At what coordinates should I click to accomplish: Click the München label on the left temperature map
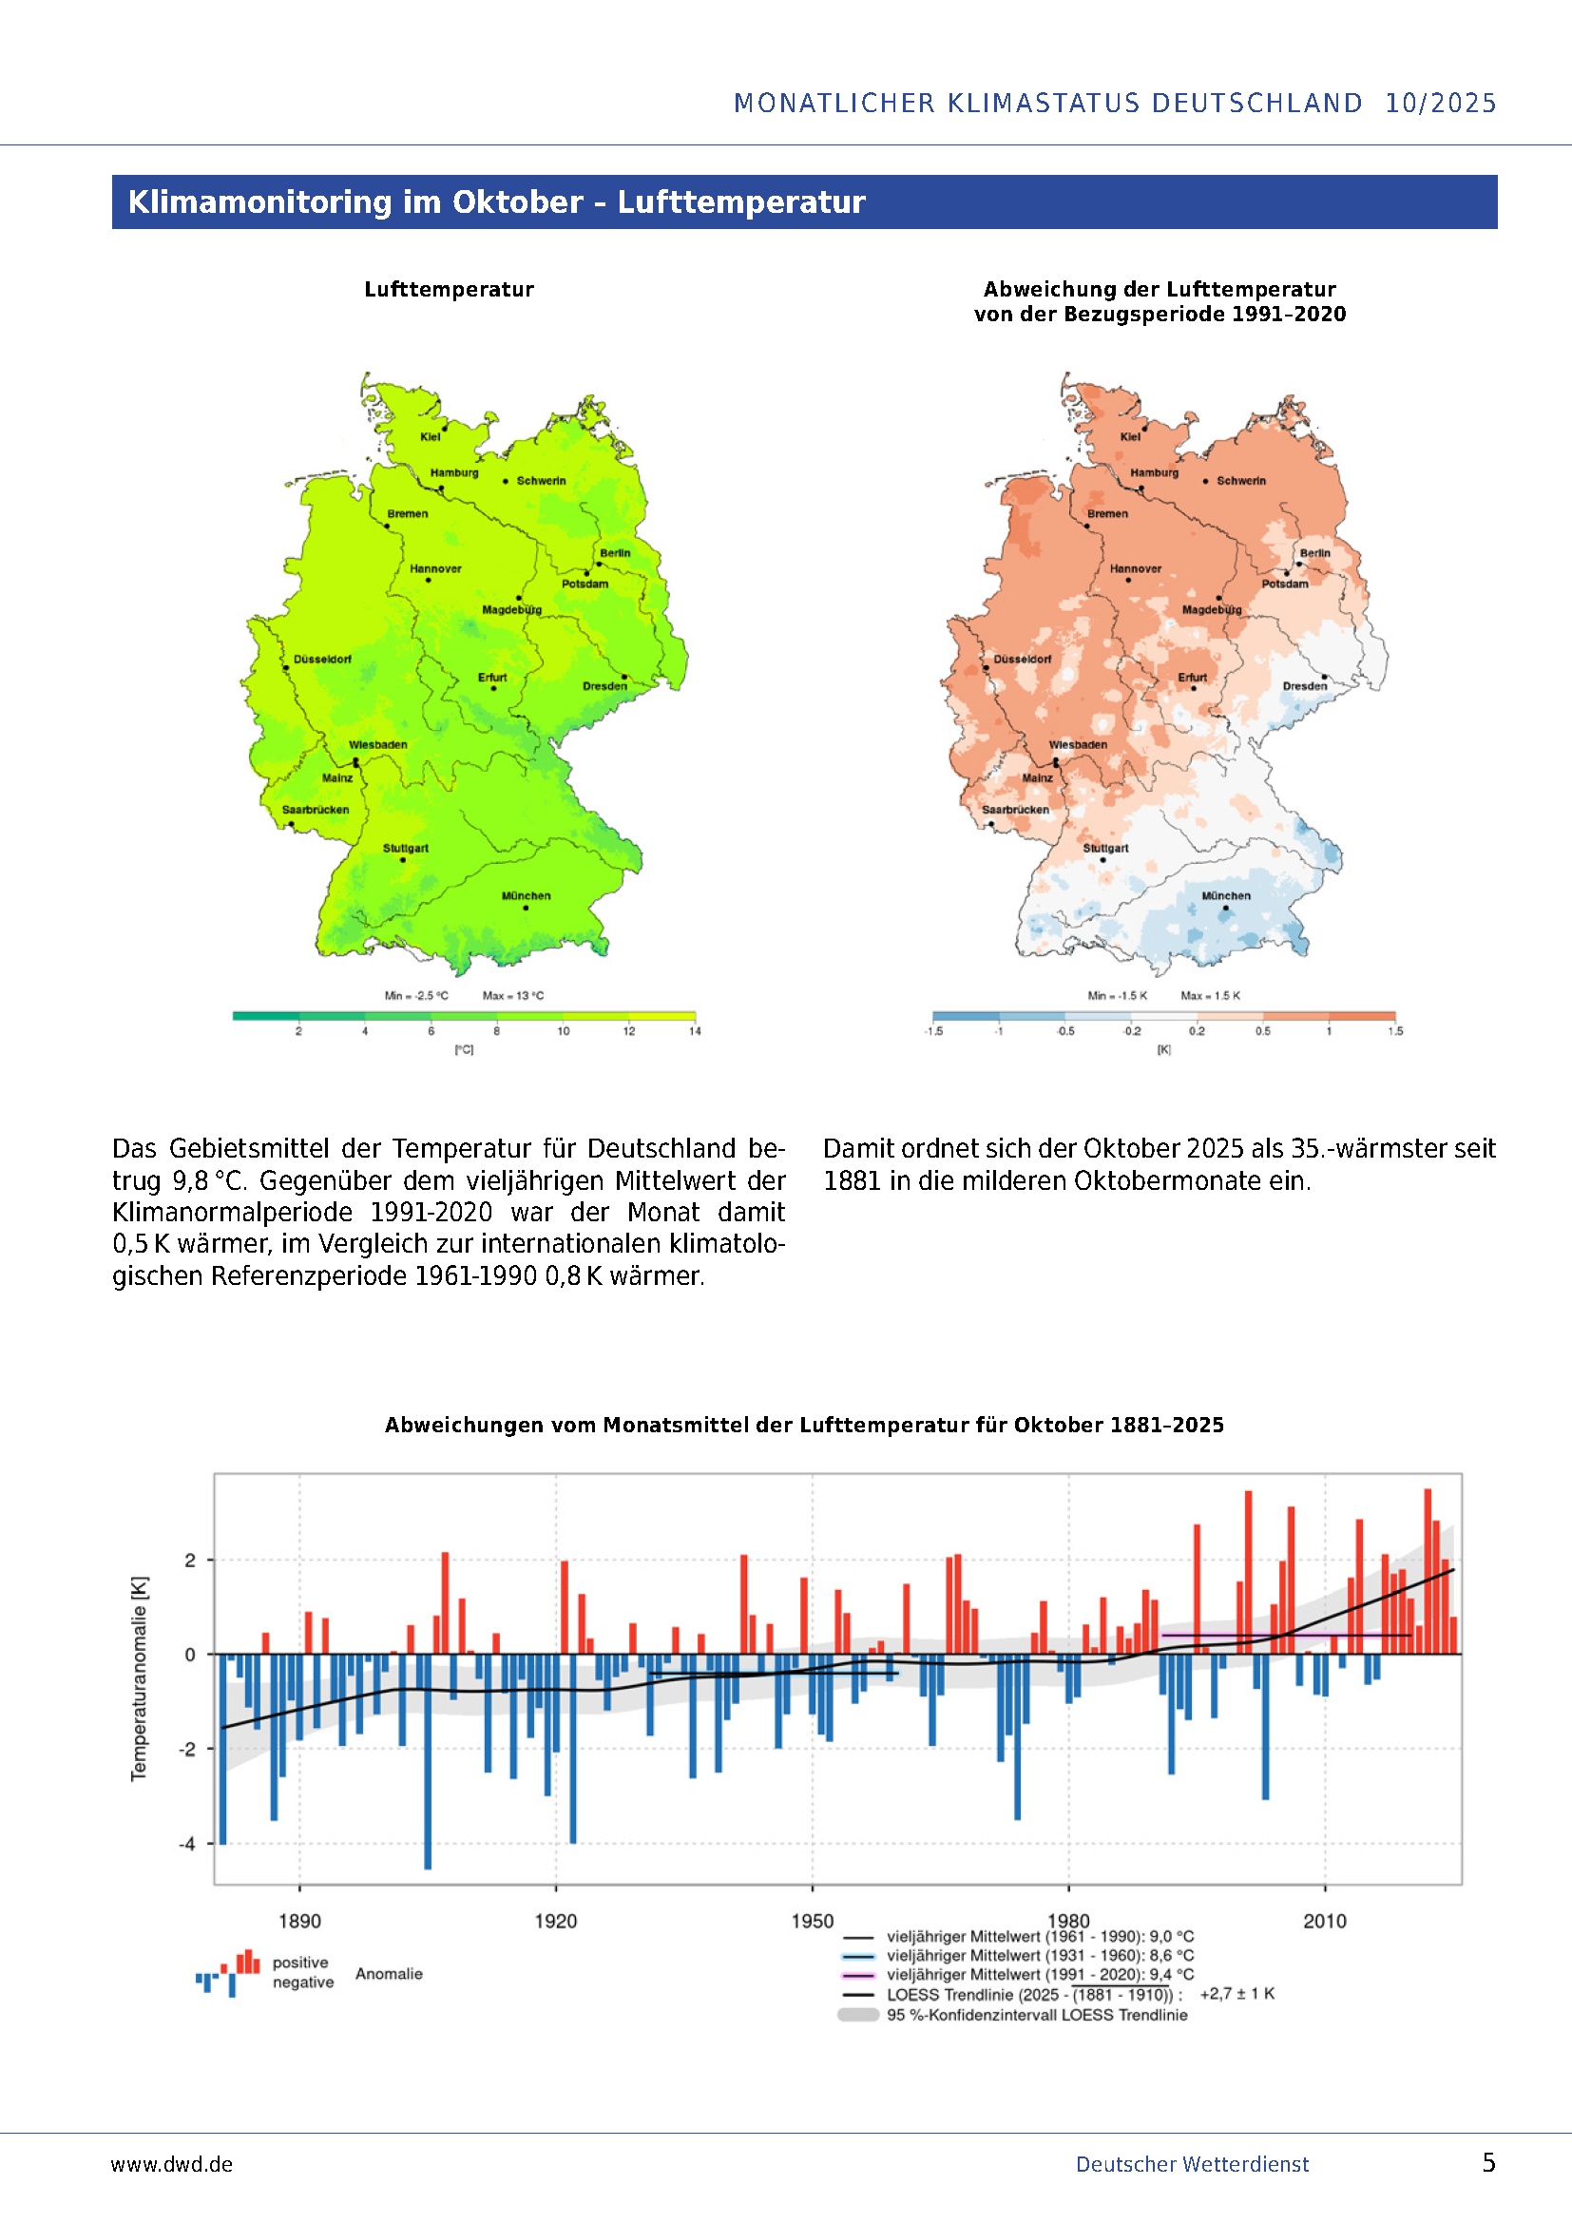tap(526, 895)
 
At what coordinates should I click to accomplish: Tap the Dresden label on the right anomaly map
tap(1305, 686)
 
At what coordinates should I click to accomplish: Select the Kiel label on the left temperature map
tap(430, 436)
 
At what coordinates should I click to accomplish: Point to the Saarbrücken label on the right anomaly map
tap(1015, 810)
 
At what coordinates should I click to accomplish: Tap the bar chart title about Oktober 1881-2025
tap(803, 1426)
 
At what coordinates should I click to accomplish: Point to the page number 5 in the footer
tap(1488, 2163)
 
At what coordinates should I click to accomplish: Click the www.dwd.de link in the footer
tap(171, 2164)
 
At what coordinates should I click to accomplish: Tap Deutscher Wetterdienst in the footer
tap(1192, 2164)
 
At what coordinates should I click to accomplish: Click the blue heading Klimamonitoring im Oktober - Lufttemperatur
tap(496, 202)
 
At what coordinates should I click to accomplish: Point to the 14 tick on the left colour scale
tap(694, 1031)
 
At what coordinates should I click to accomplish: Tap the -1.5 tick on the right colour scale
tap(932, 1031)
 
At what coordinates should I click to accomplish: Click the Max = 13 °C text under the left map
tap(513, 995)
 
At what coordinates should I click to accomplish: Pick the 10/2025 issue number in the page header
tap(1440, 104)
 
